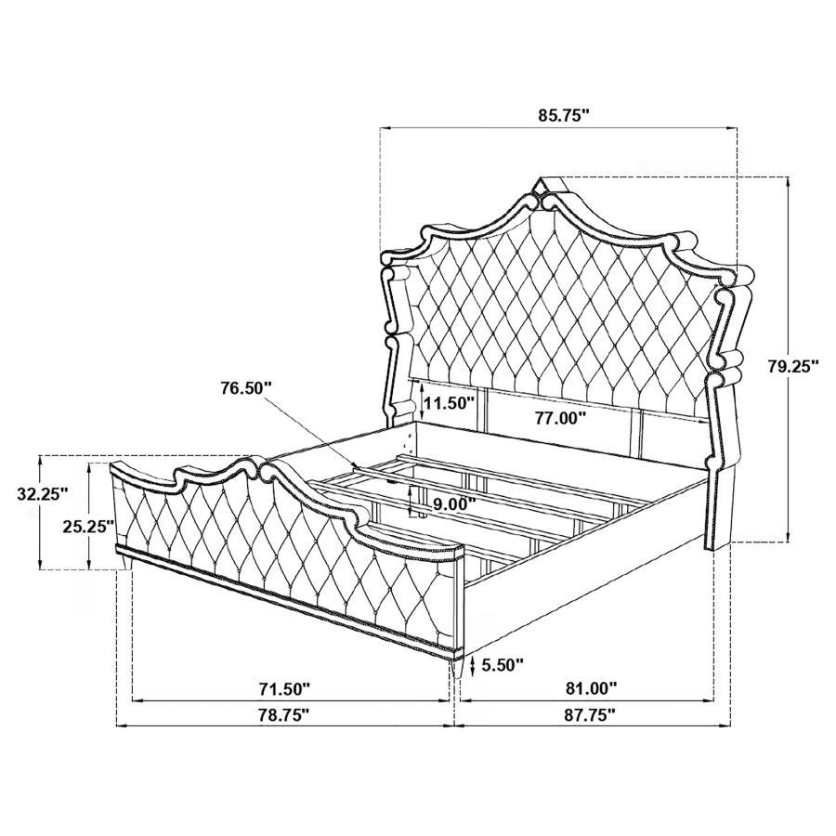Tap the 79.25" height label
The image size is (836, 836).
[792, 366]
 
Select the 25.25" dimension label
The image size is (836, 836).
[89, 526]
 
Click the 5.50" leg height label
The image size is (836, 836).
[503, 664]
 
